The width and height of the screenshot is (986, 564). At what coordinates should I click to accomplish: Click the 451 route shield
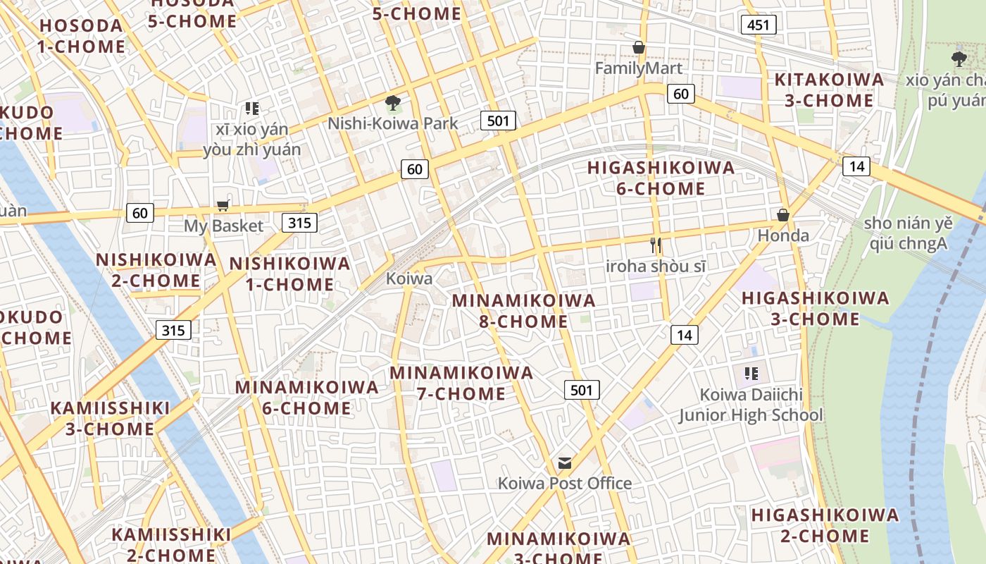[759, 25]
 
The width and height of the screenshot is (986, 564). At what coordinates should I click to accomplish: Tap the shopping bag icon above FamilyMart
[639, 47]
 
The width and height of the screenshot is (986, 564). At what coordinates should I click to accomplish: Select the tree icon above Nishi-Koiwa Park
[392, 103]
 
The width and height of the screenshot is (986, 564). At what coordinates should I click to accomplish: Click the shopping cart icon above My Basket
[223, 205]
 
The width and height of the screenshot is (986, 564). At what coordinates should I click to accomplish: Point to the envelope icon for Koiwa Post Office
[564, 462]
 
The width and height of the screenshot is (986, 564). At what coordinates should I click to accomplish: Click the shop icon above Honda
[782, 215]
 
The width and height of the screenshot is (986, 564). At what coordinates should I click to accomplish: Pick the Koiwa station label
[409, 278]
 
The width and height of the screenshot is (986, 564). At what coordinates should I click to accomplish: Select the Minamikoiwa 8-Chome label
[523, 311]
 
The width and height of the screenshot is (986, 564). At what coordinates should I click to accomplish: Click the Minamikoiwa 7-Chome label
[461, 383]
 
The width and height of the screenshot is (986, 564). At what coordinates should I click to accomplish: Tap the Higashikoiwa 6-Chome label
[661, 178]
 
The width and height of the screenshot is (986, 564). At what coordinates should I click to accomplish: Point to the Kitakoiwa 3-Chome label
[829, 90]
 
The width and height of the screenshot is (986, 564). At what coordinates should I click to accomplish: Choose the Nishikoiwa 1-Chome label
[289, 274]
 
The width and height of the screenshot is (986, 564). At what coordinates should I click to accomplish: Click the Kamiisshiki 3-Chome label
[110, 418]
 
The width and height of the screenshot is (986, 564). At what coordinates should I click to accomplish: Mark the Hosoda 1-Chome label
[81, 36]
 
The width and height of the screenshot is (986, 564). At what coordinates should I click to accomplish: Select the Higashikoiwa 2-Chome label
[825, 525]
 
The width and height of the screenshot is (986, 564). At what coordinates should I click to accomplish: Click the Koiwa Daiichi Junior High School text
[751, 405]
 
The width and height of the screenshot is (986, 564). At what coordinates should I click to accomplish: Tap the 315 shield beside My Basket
[299, 223]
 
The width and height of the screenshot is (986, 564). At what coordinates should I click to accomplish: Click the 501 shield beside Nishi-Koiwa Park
[498, 121]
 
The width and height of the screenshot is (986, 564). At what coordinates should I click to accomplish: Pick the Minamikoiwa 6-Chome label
[306, 397]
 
